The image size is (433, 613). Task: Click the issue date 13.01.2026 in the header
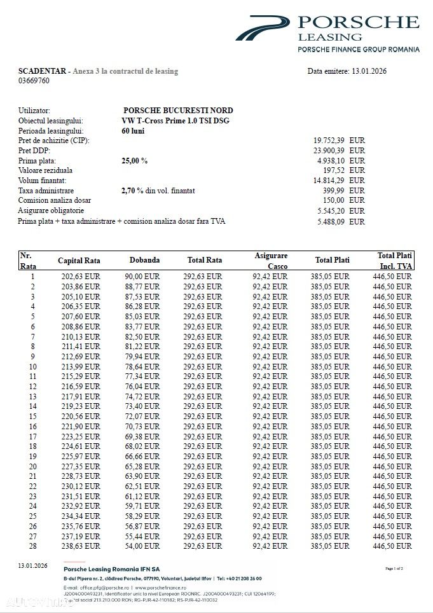[x=368, y=71]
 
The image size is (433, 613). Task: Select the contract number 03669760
[x=34, y=81]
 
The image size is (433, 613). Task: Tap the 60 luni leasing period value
[x=133, y=130]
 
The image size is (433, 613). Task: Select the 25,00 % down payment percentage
[x=134, y=161]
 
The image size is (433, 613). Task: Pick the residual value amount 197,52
[x=334, y=170]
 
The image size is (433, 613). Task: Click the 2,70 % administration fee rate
[x=133, y=190]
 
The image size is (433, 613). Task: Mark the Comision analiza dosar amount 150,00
[x=334, y=200]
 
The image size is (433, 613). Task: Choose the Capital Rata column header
[x=79, y=261]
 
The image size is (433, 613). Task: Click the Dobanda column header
[x=144, y=260]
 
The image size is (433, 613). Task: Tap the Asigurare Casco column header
[x=271, y=261]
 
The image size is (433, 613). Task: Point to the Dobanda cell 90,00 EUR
[x=142, y=277]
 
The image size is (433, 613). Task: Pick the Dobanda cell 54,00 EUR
[x=142, y=546]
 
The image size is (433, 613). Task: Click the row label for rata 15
[x=32, y=417]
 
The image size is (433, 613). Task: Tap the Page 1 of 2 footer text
[x=394, y=568]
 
